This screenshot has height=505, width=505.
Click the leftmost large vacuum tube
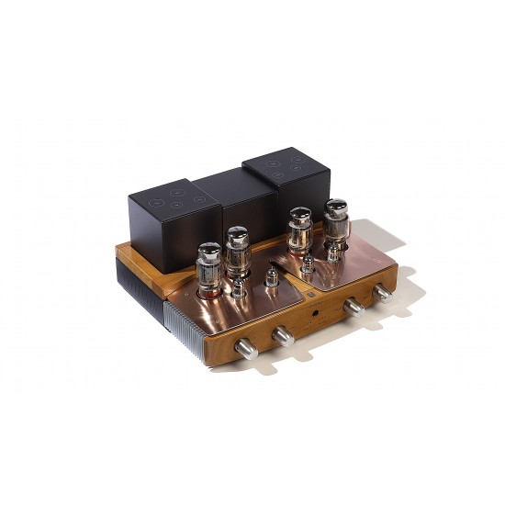click(x=208, y=266)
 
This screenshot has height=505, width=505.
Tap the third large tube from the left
click(x=297, y=233)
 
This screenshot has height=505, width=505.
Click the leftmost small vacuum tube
click(x=237, y=290)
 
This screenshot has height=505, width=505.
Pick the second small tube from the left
click(x=271, y=277)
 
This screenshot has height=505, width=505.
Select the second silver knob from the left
click(x=284, y=336)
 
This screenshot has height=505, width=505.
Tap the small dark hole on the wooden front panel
click(x=318, y=313)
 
